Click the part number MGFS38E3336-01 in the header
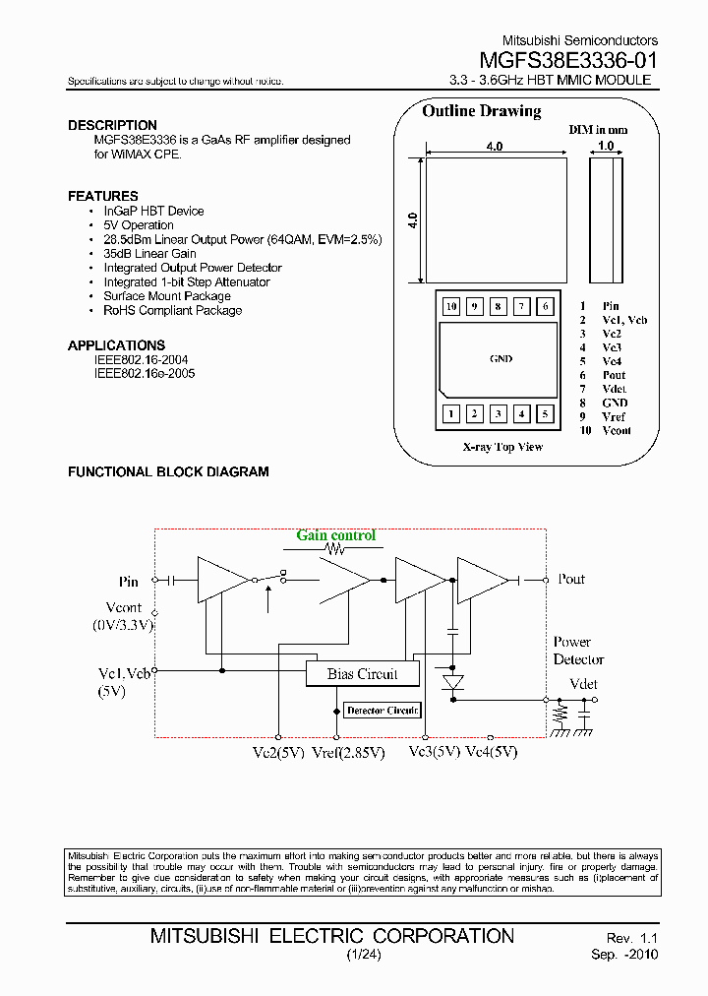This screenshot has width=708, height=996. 568,59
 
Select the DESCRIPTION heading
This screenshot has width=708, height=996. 112,125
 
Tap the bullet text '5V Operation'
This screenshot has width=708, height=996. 139,225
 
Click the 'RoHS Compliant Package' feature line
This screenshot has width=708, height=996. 172,310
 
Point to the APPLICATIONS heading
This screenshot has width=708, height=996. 116,345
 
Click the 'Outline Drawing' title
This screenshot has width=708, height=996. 481,111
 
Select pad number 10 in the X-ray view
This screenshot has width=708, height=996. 451,306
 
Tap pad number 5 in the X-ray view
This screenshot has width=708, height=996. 546,414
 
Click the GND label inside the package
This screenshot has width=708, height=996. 500,359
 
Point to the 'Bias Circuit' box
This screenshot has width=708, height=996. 362,674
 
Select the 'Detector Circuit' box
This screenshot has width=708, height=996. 382,710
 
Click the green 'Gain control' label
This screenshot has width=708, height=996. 336,535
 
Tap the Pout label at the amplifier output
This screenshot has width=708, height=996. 571,579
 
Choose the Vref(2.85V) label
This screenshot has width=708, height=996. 347,752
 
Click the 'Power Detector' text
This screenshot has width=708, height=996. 577,651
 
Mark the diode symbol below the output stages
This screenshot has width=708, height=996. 452,682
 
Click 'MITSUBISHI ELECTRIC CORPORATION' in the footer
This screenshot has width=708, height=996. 331,935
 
